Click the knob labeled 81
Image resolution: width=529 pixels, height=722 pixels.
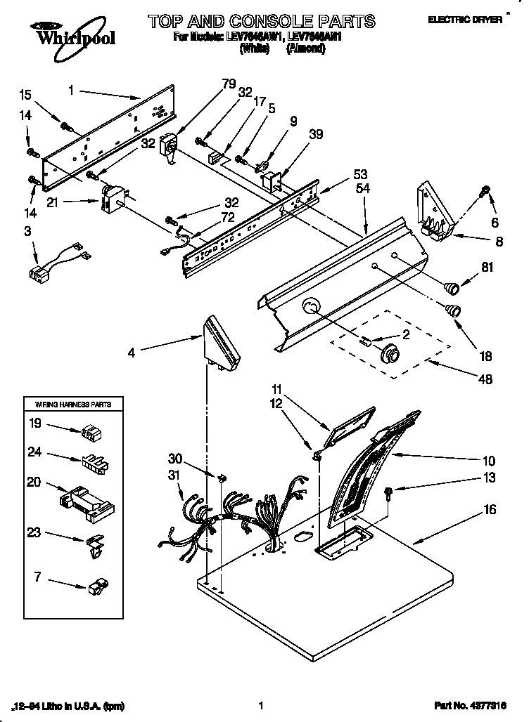(451, 285)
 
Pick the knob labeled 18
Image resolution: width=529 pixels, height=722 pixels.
(454, 310)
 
